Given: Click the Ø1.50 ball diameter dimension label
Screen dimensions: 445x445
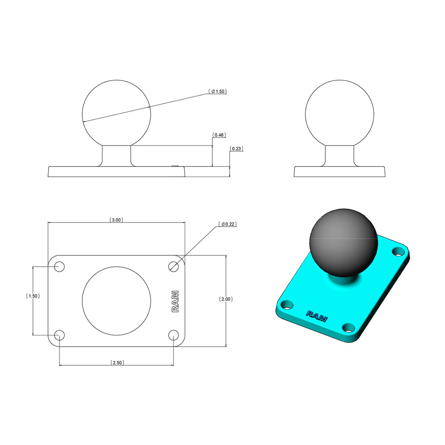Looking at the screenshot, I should tap(218, 91).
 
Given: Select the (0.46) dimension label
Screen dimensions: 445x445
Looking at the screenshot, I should tap(218, 134).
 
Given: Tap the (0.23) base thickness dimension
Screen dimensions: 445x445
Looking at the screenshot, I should tap(236, 149).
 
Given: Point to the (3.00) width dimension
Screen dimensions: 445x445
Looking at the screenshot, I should tap(116, 220).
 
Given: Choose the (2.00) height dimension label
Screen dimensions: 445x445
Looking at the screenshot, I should tap(226, 299).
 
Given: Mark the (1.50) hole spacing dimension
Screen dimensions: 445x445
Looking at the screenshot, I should tap(33, 296).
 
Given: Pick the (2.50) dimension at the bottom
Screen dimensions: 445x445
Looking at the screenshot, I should tap(117, 363).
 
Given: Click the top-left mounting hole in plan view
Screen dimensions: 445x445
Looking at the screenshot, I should tap(59, 267).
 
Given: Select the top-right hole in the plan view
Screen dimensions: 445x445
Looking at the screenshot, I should tap(174, 266).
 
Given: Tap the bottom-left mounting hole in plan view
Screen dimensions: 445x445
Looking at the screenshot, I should tap(59, 335).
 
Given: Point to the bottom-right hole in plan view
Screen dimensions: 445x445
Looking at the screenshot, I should tap(174, 335).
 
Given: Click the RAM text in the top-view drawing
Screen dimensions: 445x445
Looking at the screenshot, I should tap(175, 301).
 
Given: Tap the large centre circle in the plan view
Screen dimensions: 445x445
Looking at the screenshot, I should tap(117, 300).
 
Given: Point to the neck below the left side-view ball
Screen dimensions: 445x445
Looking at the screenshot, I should tap(117, 156).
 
